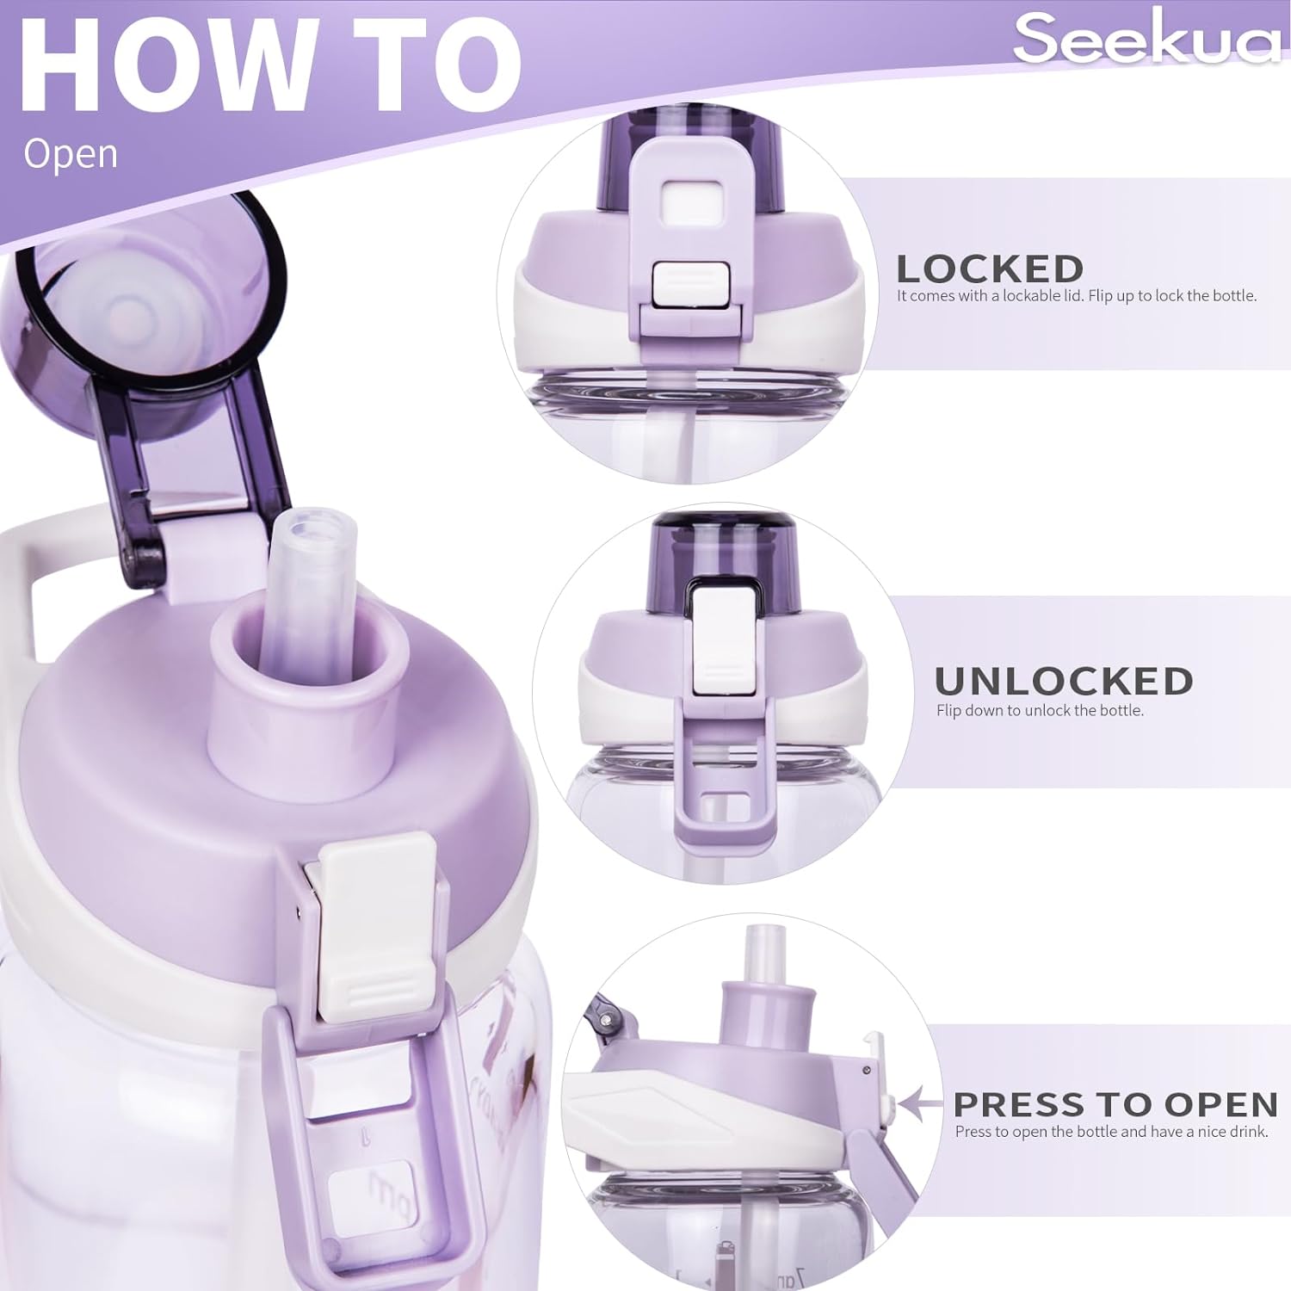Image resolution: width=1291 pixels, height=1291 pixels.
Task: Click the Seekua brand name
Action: pyautogui.click(x=1147, y=38)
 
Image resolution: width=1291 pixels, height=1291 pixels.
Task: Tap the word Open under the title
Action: pyautogui.click(x=71, y=153)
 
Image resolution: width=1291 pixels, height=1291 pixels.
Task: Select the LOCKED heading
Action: pyautogui.click(x=990, y=269)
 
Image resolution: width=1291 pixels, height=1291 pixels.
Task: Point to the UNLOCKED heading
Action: pyautogui.click(x=1064, y=682)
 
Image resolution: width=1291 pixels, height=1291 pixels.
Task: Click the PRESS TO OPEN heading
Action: pyautogui.click(x=1115, y=1104)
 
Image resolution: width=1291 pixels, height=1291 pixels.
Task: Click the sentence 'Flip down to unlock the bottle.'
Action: pyautogui.click(x=1040, y=711)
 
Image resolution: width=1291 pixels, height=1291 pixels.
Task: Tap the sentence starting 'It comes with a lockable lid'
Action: pyautogui.click(x=1077, y=296)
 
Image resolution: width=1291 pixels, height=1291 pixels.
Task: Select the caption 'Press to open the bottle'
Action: pyautogui.click(x=1111, y=1132)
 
